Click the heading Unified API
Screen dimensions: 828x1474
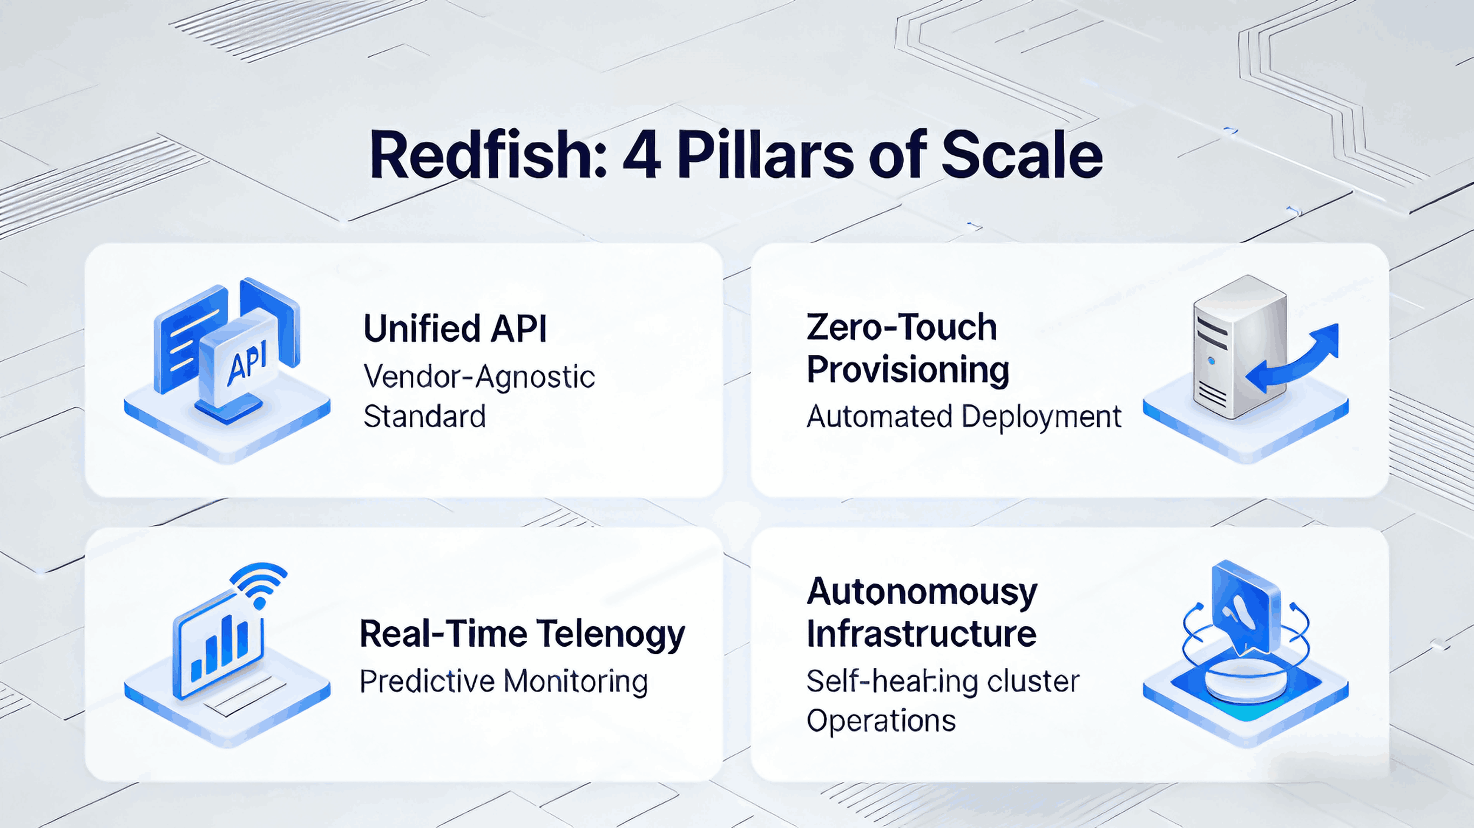[x=455, y=329]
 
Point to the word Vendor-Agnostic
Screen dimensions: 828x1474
[x=479, y=377]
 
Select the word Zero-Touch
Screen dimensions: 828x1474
[x=901, y=327]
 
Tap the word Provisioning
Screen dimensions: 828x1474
[x=908, y=370]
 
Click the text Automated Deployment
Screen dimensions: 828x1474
[x=964, y=416]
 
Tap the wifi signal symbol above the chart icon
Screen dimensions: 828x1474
[x=260, y=583]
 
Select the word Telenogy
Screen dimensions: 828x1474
[x=611, y=634]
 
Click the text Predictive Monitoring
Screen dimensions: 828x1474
[x=504, y=681]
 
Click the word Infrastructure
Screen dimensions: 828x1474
[x=921, y=634]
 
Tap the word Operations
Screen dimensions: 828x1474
[x=881, y=720]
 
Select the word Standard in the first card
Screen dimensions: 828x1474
[x=424, y=416]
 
